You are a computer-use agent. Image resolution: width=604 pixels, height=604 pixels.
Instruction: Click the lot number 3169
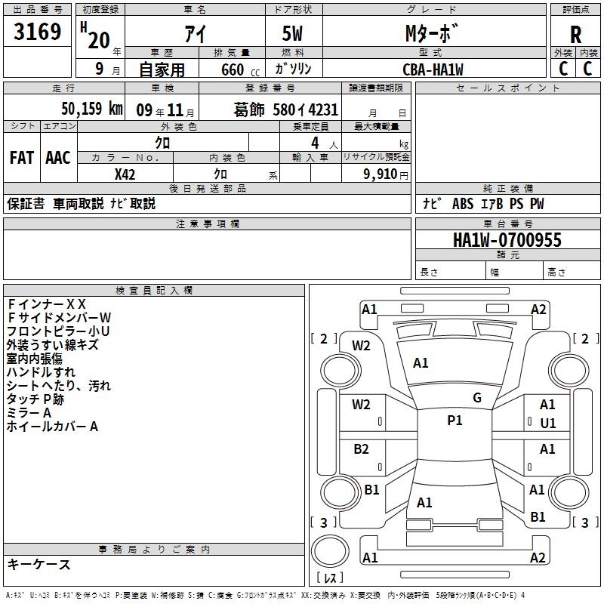(x=37, y=32)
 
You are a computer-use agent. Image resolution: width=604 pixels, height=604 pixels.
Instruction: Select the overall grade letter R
(x=575, y=35)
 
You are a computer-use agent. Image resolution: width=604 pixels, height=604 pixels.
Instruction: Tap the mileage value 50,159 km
(x=92, y=109)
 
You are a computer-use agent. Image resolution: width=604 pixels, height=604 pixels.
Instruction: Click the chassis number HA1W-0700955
(x=507, y=240)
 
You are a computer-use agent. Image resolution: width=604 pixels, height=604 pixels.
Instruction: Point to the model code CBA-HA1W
(x=433, y=69)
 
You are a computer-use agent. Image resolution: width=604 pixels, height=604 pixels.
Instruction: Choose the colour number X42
(x=125, y=174)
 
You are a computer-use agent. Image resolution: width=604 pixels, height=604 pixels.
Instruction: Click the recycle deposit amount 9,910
(x=381, y=174)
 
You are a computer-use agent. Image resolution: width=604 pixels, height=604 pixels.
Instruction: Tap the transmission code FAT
(x=22, y=158)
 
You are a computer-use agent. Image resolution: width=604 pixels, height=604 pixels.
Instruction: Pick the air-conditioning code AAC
(x=58, y=158)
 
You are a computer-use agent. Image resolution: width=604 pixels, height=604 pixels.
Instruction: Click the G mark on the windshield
(x=477, y=398)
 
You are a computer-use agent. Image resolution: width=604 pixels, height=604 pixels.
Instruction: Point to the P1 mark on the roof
(x=455, y=421)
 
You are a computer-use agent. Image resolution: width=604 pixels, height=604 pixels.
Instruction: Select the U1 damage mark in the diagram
(x=548, y=424)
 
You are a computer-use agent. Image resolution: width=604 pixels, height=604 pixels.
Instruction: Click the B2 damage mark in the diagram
(x=361, y=449)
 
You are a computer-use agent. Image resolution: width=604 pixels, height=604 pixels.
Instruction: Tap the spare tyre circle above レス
(x=330, y=551)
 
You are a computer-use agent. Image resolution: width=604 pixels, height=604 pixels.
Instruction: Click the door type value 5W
(x=292, y=33)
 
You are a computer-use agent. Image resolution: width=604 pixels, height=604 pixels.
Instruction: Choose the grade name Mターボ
(x=432, y=33)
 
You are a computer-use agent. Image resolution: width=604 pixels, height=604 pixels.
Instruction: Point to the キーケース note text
(x=39, y=565)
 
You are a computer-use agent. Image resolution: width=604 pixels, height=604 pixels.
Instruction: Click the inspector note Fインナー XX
(x=46, y=304)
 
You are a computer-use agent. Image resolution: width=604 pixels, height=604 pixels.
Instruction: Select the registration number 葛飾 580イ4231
(x=285, y=109)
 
